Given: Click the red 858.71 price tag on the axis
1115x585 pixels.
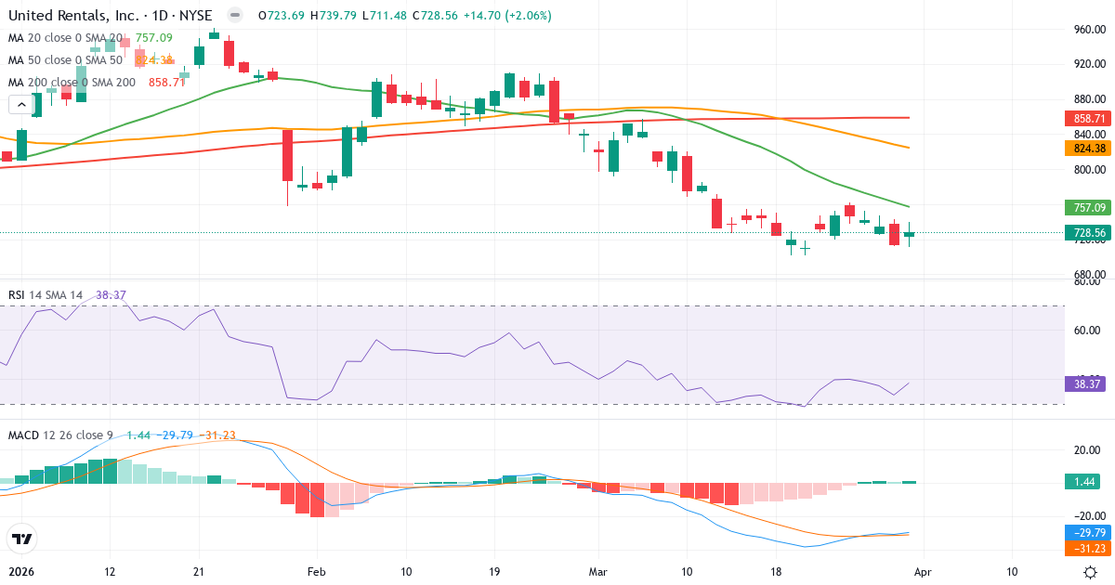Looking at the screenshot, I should point(1087,119).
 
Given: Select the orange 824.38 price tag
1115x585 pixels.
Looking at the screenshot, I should point(1087,148).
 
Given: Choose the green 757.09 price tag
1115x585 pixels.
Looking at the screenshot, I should point(1087,207).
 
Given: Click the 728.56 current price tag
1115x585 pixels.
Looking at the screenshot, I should point(1087,232).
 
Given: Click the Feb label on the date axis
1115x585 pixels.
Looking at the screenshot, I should point(317,572).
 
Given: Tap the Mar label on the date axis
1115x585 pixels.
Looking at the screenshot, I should point(597,572).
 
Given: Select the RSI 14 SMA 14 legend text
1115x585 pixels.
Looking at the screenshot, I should point(45,294).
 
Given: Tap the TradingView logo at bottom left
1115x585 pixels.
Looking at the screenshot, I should point(22,539).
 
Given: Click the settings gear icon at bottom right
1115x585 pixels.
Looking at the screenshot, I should point(1091,572).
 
